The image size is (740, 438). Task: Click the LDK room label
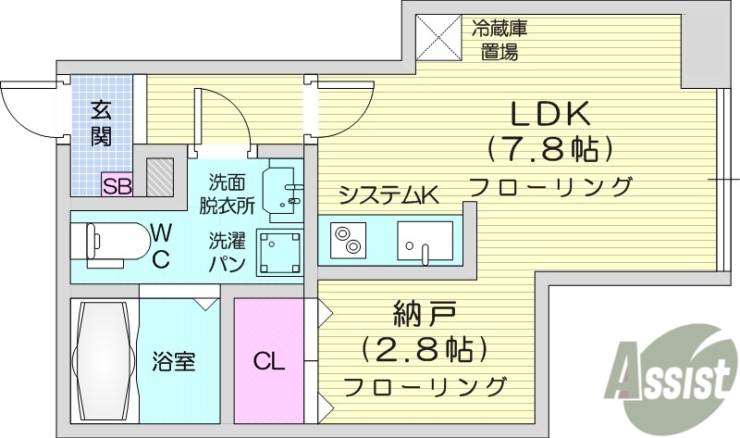[x=551, y=114]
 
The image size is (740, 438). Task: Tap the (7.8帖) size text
[x=551, y=148]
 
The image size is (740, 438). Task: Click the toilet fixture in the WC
[x=115, y=244]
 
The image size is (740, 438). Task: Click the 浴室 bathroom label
[x=173, y=360]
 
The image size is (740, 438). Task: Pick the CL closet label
[x=269, y=360]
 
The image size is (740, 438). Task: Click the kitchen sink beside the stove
[x=424, y=240]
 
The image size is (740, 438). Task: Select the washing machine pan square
[x=280, y=252]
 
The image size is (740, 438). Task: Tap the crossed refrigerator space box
[x=438, y=37]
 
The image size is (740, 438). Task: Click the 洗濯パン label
[x=226, y=253]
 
